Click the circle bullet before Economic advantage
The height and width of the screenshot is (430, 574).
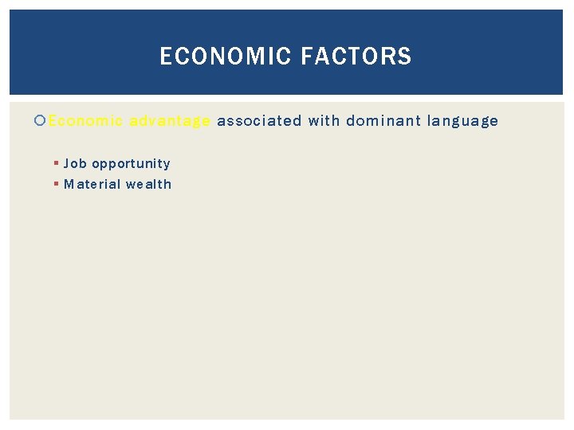pyautogui.click(x=41, y=121)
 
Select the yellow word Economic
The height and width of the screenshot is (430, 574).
pyautogui.click(x=85, y=121)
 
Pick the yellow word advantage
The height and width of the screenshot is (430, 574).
pyautogui.click(x=170, y=121)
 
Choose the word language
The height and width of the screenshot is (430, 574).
pyautogui.click(x=462, y=121)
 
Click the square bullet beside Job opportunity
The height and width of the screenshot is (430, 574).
pyautogui.click(x=56, y=163)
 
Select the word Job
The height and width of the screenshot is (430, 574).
pyautogui.click(x=75, y=163)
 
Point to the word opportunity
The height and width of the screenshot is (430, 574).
pyautogui.click(x=131, y=164)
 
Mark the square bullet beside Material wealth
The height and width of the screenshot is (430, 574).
pyautogui.click(x=56, y=184)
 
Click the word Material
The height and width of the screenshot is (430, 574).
pyautogui.click(x=92, y=184)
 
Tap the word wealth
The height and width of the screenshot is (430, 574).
pyautogui.click(x=149, y=184)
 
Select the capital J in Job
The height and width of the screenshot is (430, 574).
pyautogui.click(x=67, y=163)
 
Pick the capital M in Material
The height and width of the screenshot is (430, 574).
pyautogui.click(x=69, y=184)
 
